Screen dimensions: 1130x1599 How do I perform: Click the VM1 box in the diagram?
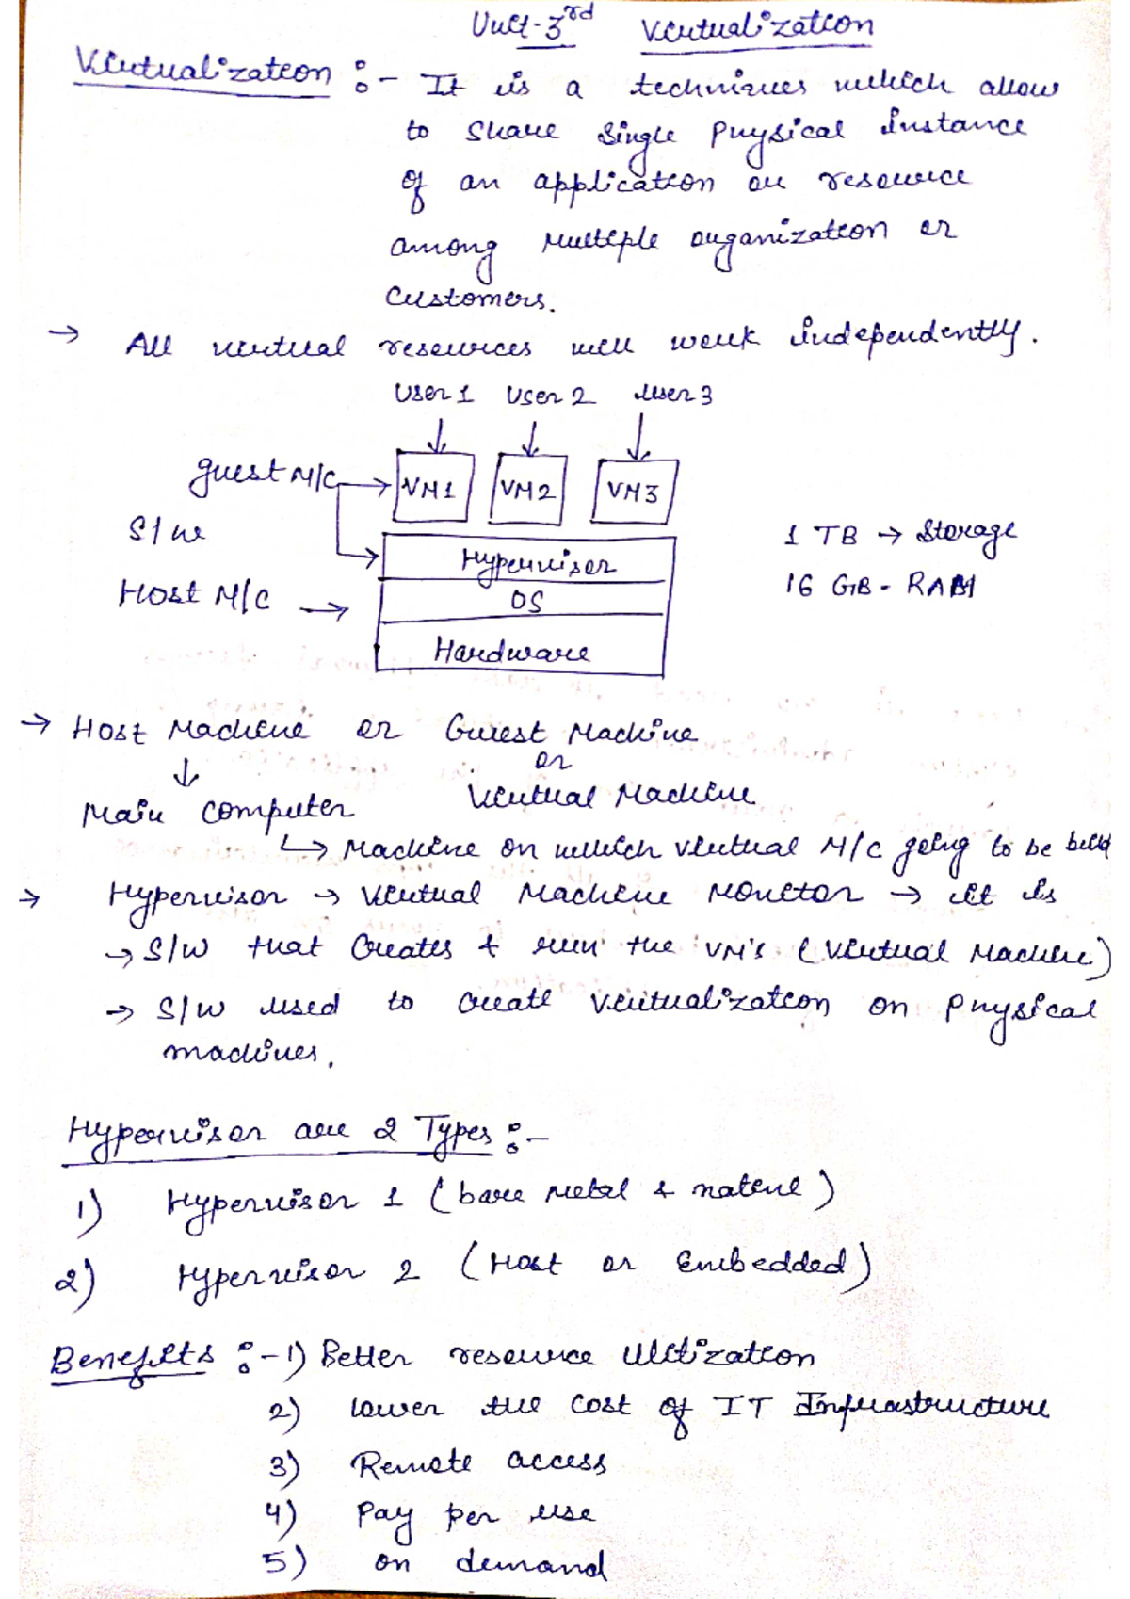click(x=432, y=488)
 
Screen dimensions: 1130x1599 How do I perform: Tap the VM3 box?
click(x=634, y=491)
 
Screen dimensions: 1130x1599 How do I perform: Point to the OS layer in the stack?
click(x=525, y=602)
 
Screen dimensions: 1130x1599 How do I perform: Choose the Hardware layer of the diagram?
click(x=513, y=651)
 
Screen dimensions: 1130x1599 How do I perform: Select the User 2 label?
click(x=549, y=396)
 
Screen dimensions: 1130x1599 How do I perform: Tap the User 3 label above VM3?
click(x=672, y=395)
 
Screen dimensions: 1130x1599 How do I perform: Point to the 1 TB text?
click(x=820, y=536)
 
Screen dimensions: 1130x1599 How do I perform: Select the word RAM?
click(x=941, y=586)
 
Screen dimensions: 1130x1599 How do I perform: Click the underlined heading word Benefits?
click(x=132, y=1359)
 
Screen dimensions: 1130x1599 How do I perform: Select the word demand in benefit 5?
click(x=530, y=1563)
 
